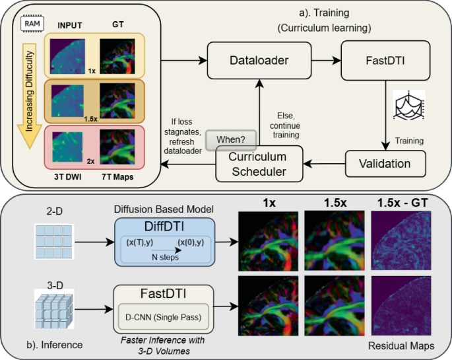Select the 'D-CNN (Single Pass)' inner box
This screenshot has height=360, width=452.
[163, 316]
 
